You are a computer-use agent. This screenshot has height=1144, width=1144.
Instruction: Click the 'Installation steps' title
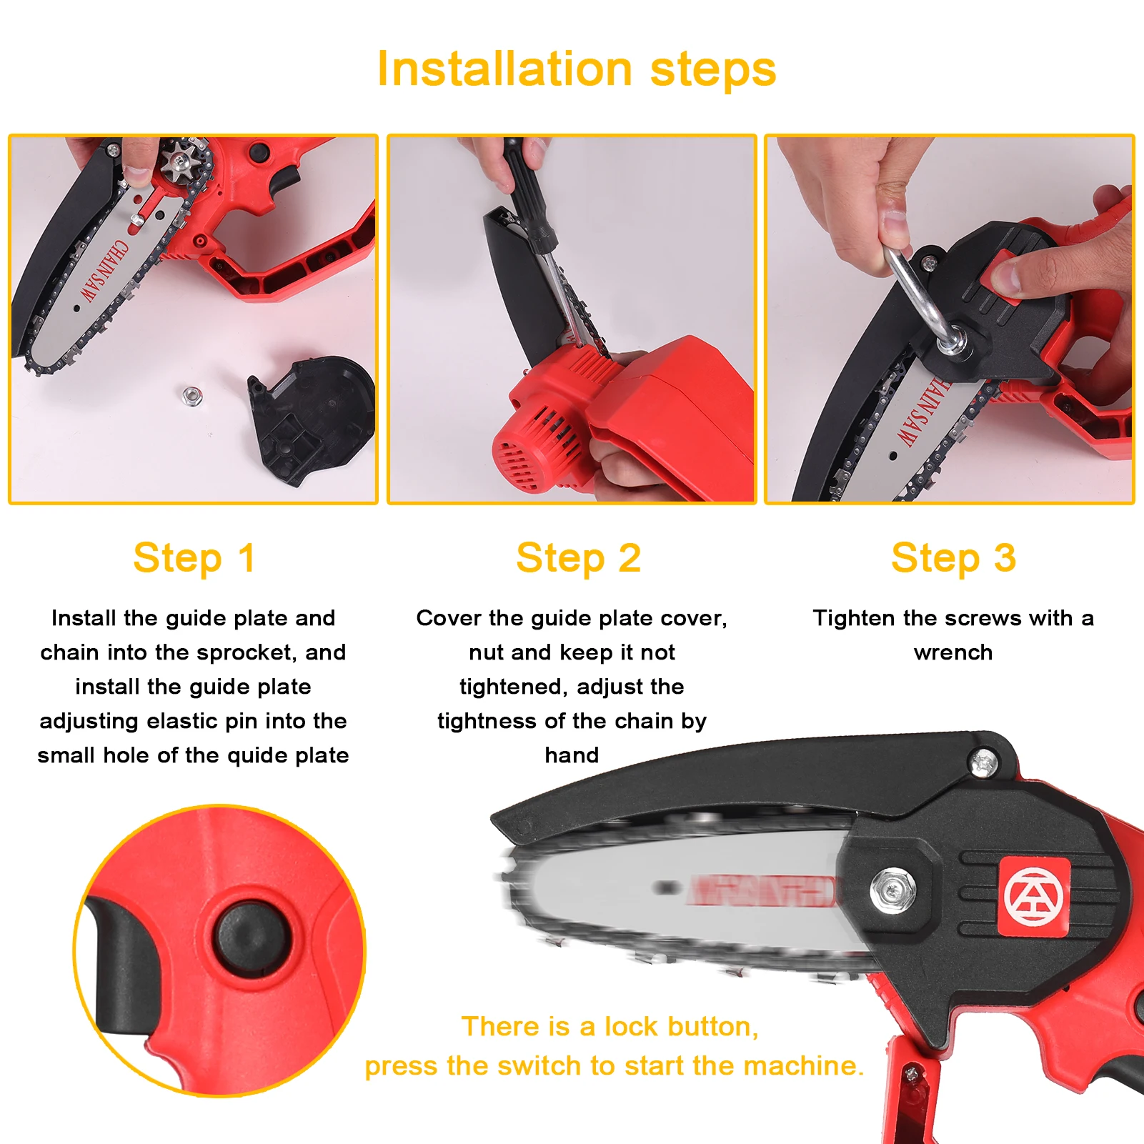click(576, 69)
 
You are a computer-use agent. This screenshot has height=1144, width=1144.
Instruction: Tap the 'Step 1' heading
click(194, 558)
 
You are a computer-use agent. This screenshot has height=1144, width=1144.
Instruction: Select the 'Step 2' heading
click(578, 558)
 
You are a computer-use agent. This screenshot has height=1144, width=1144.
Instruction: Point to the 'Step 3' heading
click(952, 558)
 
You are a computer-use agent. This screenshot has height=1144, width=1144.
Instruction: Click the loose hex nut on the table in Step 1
click(190, 394)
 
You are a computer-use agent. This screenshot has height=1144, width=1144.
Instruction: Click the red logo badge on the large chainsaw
click(1033, 897)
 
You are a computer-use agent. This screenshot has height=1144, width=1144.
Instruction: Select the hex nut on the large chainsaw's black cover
click(892, 890)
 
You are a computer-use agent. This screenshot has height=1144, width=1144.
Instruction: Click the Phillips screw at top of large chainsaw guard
click(983, 762)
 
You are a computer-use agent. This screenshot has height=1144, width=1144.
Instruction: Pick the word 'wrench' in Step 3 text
click(952, 652)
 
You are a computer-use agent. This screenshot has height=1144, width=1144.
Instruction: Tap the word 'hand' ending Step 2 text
click(572, 755)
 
